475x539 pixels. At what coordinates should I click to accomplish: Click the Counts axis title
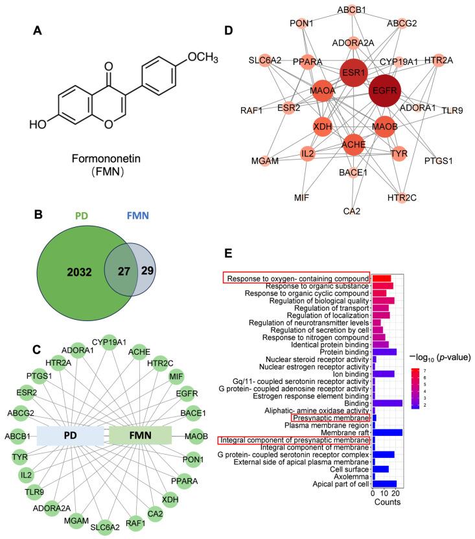pos(387,502)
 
